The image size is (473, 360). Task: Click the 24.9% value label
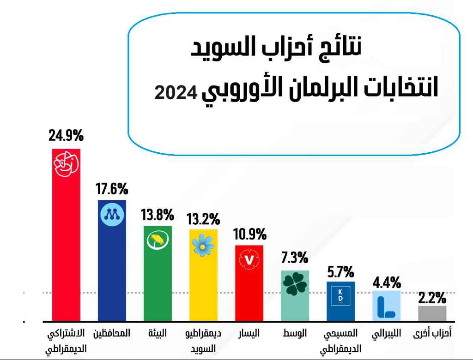66,136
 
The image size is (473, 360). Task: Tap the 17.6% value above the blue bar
112,189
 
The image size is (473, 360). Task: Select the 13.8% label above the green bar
158,215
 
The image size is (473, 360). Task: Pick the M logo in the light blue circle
112,214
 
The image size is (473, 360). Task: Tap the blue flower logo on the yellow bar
203,245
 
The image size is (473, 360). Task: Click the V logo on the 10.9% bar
249,260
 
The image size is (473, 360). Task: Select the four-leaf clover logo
295,285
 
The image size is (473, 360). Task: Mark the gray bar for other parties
432,313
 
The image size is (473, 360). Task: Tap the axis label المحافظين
112,333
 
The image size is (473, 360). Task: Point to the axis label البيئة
158,333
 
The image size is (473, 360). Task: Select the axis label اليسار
249,333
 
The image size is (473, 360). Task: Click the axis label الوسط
295,333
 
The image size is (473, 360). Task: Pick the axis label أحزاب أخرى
432,333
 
